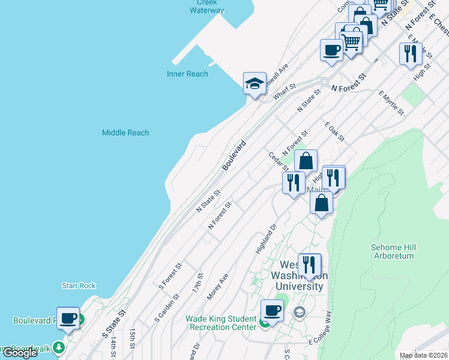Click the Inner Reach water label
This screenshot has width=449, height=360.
point(187,74)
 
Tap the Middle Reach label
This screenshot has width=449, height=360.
point(125,133)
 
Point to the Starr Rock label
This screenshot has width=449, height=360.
point(79,286)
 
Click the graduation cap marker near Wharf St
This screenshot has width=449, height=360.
point(255,83)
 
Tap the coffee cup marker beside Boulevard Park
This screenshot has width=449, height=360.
point(68,318)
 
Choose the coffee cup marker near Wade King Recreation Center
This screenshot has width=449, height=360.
point(272,311)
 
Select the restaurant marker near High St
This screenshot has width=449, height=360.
point(411,53)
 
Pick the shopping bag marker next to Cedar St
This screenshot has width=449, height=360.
point(306,161)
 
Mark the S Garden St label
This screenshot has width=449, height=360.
point(167,306)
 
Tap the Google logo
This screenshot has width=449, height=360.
point(20,353)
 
